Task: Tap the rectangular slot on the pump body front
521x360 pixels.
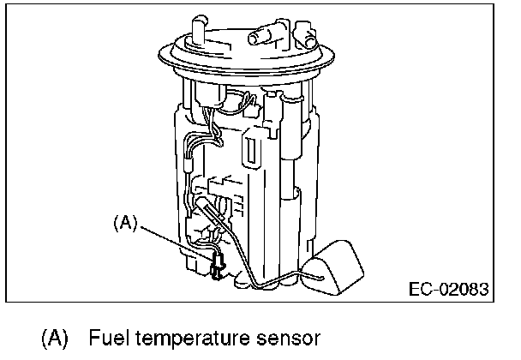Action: coord(252,151)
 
